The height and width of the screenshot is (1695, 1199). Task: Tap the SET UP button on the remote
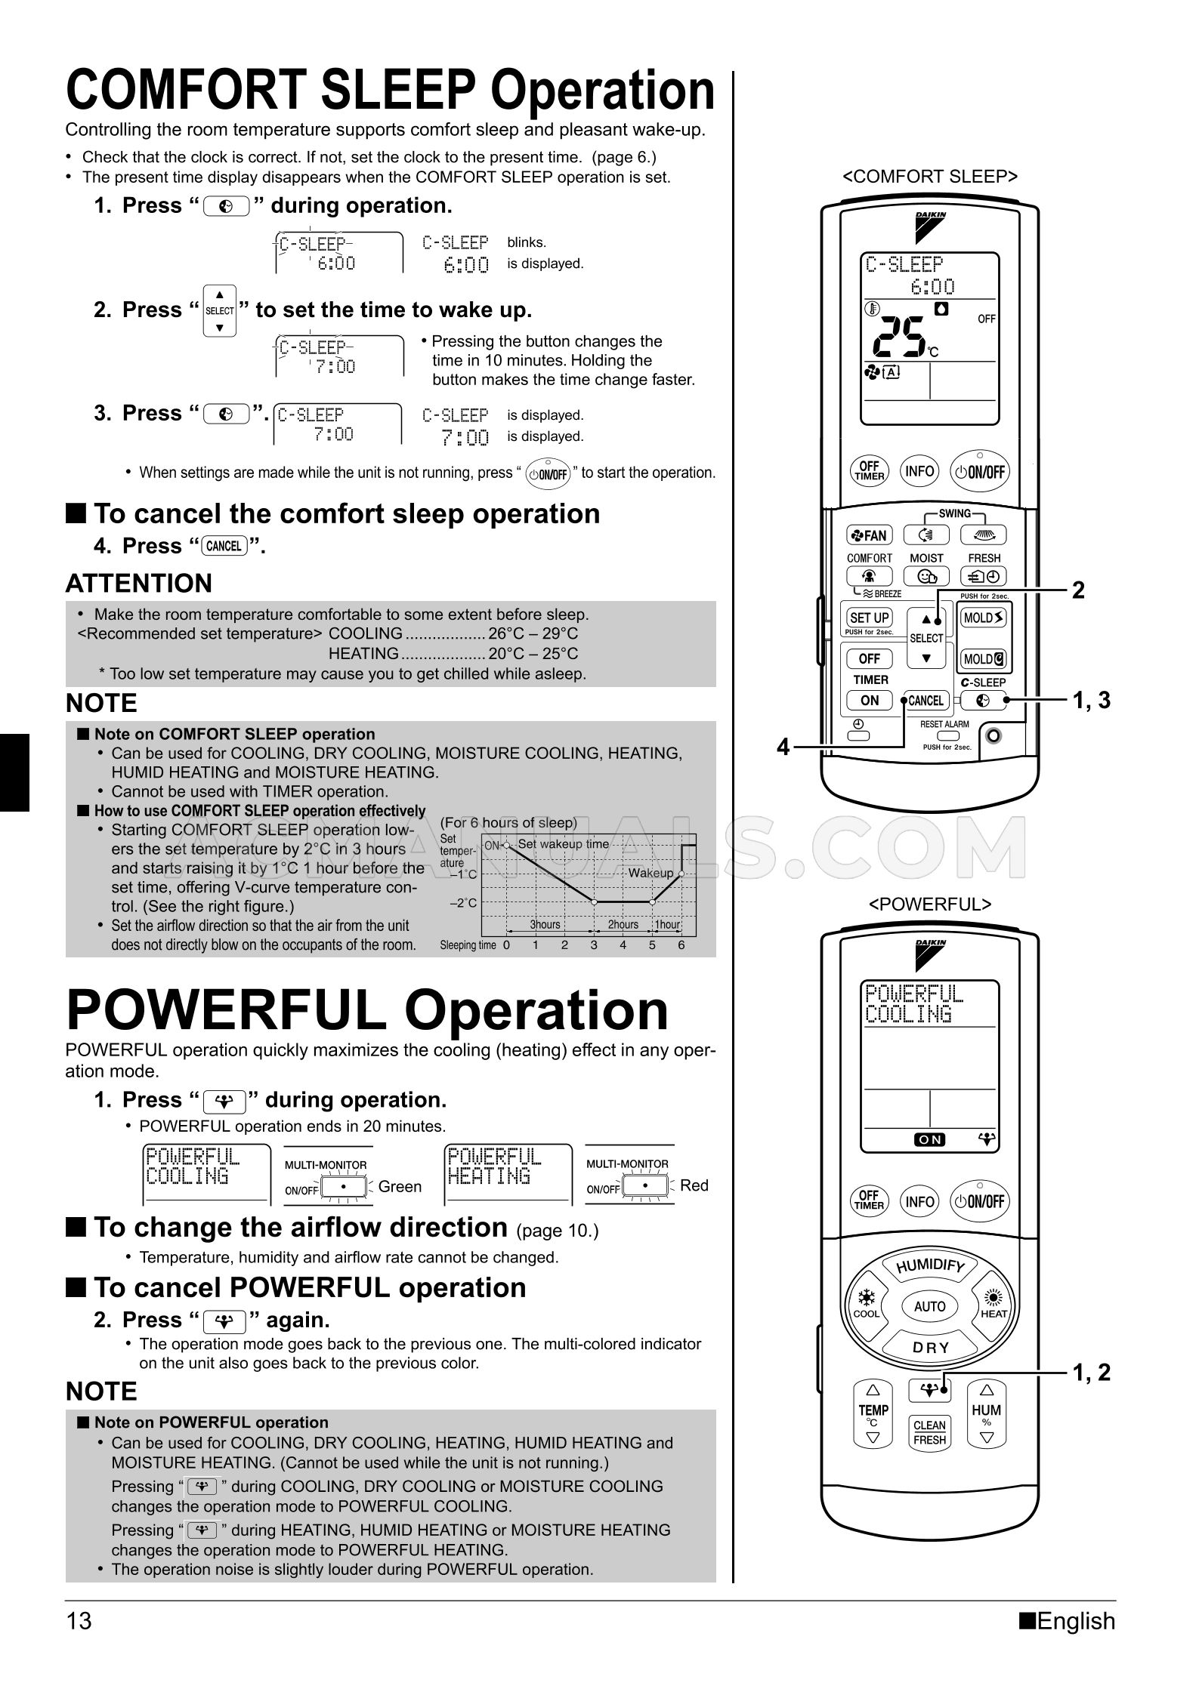(x=870, y=618)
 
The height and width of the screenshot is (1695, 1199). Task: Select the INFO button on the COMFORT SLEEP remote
(x=919, y=471)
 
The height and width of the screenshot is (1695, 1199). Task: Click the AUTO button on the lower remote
(x=930, y=1306)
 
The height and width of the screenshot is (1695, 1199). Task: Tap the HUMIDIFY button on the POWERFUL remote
(x=930, y=1267)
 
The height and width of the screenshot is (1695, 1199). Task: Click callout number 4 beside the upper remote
(x=783, y=747)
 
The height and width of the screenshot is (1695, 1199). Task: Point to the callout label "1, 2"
(x=1092, y=1372)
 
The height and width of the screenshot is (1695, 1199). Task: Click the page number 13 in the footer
(x=79, y=1621)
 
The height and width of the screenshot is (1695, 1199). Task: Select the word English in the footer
(x=1076, y=1621)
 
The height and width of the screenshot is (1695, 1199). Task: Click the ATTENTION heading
(x=139, y=584)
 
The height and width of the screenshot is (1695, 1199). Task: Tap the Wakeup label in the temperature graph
(x=650, y=873)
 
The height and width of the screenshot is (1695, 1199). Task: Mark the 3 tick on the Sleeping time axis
(x=594, y=945)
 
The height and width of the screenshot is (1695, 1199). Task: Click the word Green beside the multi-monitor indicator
(x=400, y=1186)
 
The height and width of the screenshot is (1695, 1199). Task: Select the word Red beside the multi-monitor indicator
(x=694, y=1185)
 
